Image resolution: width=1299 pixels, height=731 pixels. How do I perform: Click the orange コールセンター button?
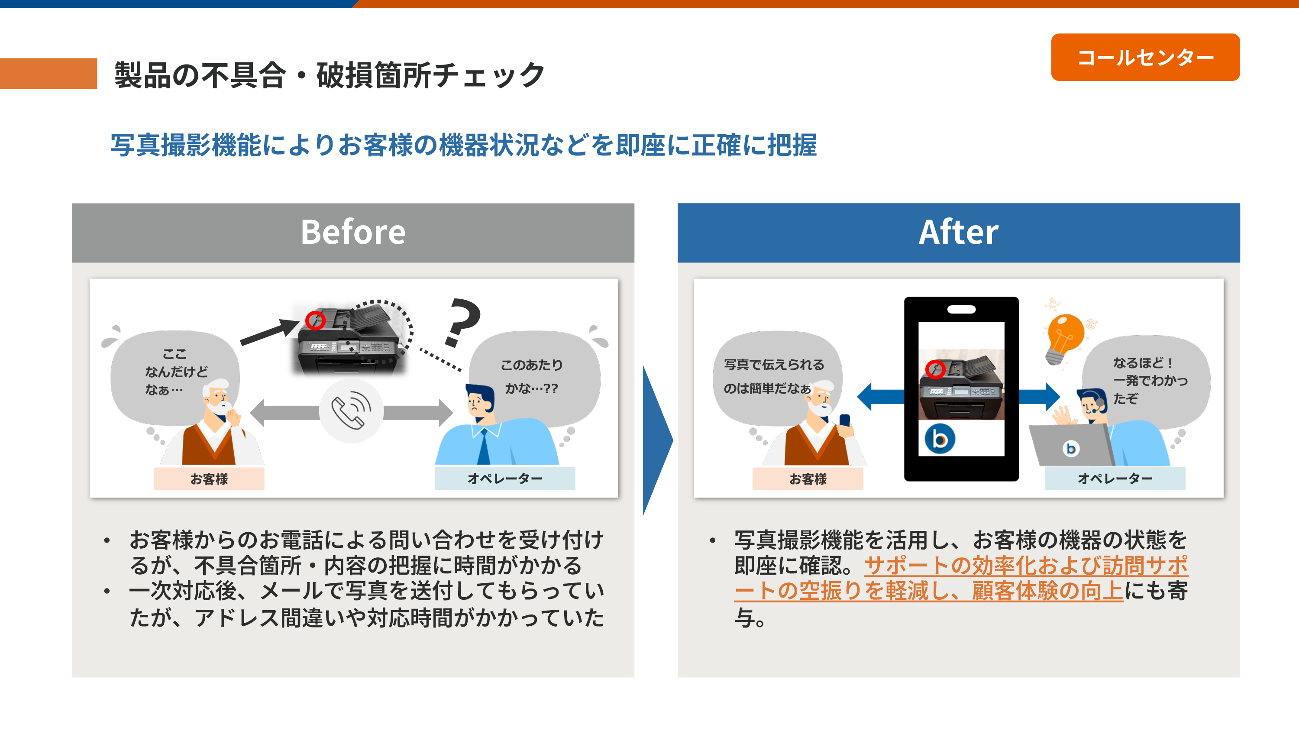(1145, 57)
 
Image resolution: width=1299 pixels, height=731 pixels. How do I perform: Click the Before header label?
(353, 232)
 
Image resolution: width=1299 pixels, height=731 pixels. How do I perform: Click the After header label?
(958, 232)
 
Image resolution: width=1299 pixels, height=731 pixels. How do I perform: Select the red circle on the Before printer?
(315, 320)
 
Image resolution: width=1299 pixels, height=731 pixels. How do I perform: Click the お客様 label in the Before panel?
(209, 479)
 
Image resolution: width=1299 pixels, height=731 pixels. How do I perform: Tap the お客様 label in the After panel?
(808, 479)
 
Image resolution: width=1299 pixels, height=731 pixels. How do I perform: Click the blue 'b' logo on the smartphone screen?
(940, 439)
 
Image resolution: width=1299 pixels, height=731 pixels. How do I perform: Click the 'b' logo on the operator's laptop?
(1070, 448)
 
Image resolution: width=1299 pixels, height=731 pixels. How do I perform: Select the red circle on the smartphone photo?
(935, 369)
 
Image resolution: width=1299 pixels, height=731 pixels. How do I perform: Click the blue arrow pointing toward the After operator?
(1039, 397)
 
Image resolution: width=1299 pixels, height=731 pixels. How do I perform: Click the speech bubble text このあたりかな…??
(531, 376)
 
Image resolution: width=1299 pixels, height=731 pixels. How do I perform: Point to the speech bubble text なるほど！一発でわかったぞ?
(1150, 380)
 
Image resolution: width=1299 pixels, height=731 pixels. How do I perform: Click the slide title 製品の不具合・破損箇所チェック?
(329, 75)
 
